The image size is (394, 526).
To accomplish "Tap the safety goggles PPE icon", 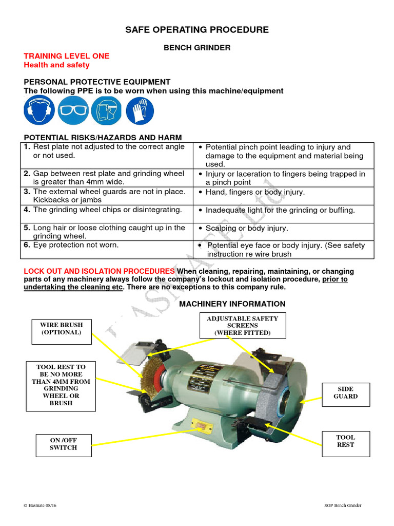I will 73,110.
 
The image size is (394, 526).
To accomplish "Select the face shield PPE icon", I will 106,110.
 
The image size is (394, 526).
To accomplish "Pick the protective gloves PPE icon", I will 140,110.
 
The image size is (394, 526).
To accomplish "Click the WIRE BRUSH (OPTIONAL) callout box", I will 61,328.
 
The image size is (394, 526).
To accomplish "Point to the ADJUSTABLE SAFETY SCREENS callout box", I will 242,326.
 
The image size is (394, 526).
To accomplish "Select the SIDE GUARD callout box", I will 346,392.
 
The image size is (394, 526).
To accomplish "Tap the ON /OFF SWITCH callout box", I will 63,444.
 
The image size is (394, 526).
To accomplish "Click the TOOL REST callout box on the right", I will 345,441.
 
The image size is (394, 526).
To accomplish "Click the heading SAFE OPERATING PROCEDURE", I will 197,30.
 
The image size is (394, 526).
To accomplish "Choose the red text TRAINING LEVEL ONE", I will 67,56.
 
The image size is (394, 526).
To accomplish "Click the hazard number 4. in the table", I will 27,210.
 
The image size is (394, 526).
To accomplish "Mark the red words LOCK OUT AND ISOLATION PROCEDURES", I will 100,271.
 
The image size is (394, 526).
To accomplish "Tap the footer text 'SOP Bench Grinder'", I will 340,505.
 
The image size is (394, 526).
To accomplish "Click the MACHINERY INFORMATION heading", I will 232,304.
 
